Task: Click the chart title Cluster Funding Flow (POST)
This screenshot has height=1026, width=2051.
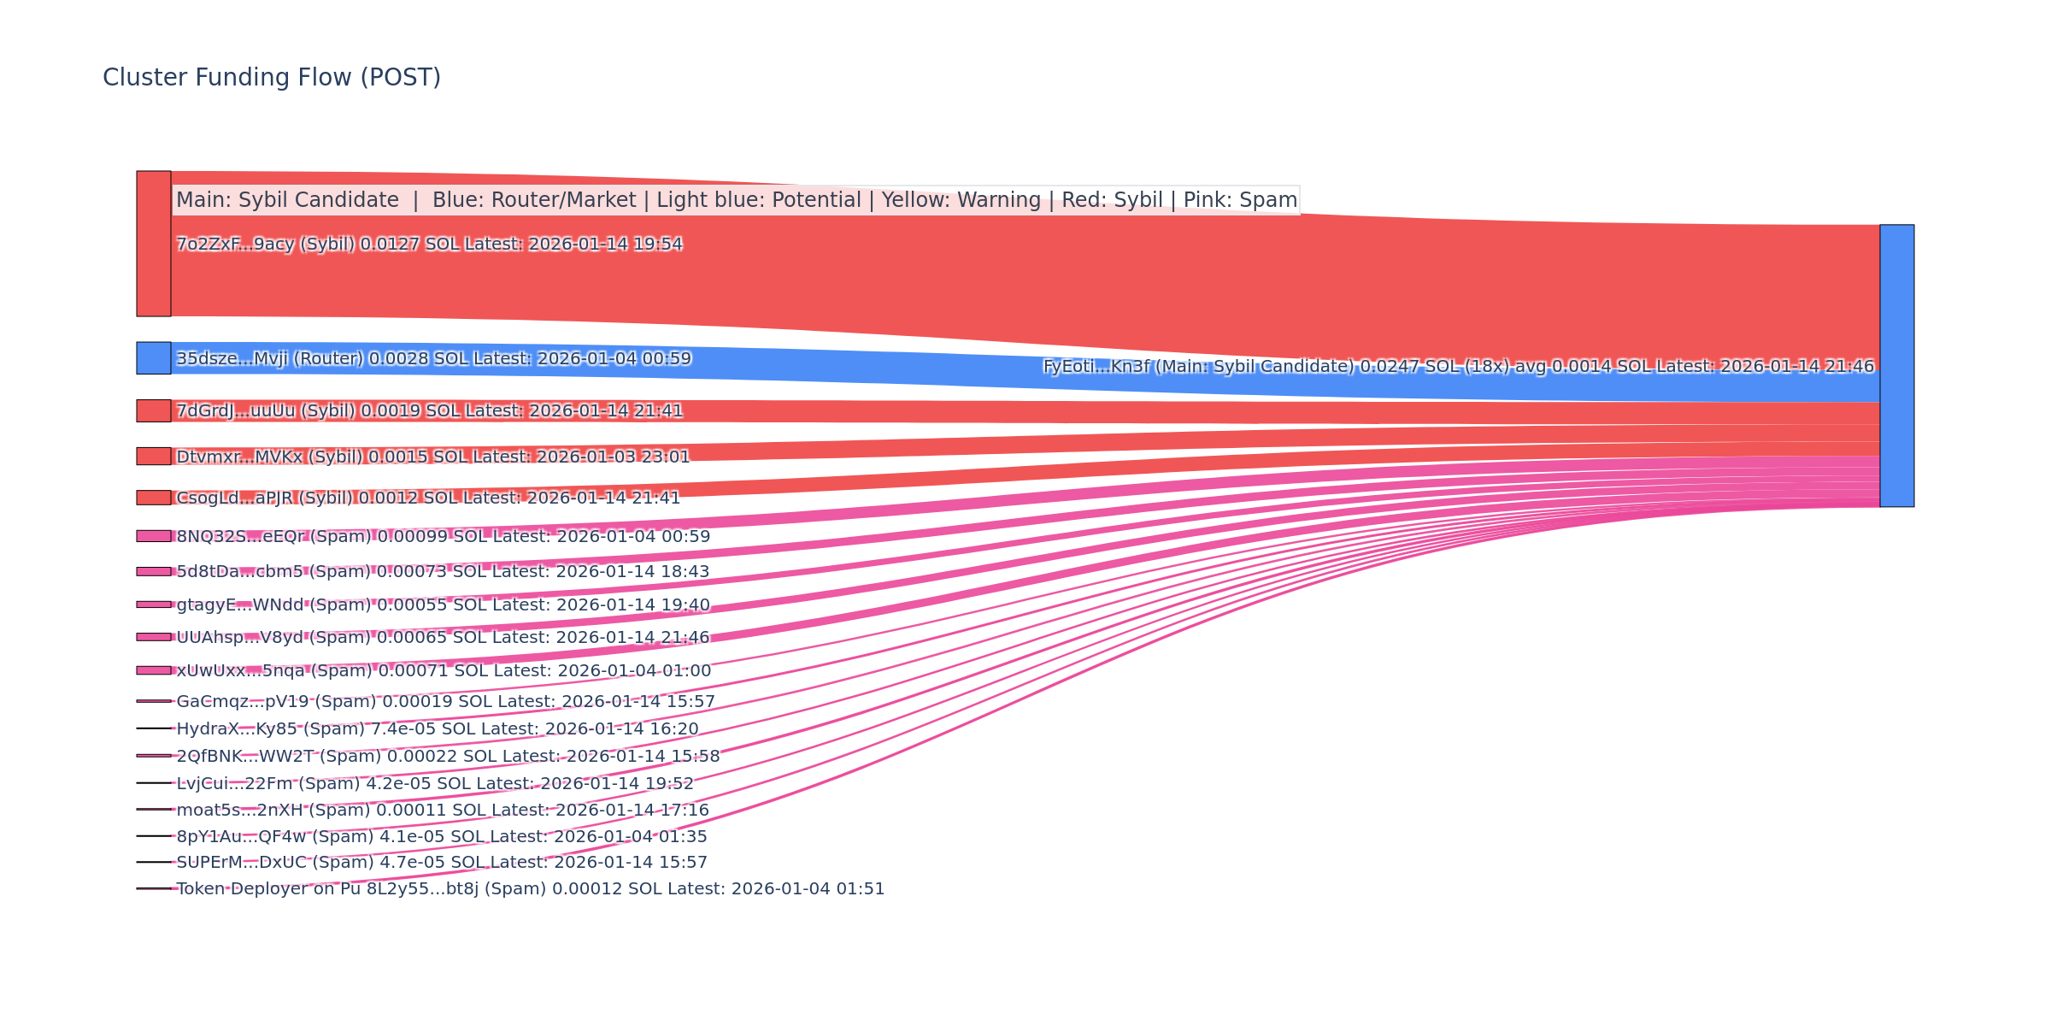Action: pos(272,78)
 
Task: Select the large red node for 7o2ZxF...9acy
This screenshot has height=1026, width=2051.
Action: pos(154,244)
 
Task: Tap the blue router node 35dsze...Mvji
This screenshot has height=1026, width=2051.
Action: pos(154,358)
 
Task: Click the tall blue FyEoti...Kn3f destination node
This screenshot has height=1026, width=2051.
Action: pos(1896,366)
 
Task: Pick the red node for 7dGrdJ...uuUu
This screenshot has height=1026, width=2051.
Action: pos(154,410)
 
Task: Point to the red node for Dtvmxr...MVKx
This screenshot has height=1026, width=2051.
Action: pos(154,457)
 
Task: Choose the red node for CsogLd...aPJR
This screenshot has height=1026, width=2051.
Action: pos(154,498)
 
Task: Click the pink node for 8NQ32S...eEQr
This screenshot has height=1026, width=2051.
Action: pos(154,536)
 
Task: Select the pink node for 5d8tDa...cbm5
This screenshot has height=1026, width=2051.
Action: pos(154,571)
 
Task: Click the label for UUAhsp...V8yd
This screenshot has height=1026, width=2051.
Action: pos(443,638)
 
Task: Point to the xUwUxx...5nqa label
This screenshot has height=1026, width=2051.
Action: pos(443,671)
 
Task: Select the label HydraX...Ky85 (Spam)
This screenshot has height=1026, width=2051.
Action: pos(438,729)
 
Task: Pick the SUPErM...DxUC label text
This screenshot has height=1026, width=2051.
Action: pos(442,863)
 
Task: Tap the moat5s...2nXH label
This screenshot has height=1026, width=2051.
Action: pos(443,811)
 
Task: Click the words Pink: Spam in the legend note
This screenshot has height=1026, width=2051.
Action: pos(1240,200)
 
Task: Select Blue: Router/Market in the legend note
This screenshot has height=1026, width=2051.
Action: pos(534,200)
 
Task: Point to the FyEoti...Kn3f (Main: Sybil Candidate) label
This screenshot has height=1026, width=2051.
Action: pos(1458,367)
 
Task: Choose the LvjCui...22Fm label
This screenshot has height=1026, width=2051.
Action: pos(435,784)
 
